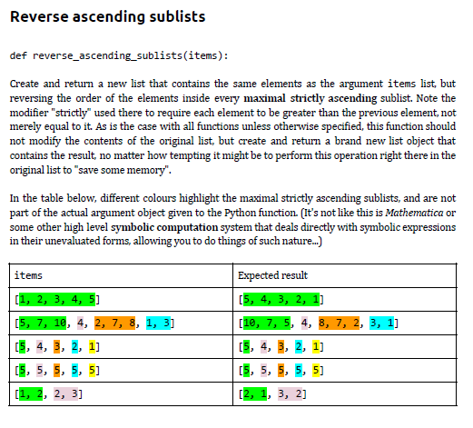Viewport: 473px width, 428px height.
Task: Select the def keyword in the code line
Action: click(17, 55)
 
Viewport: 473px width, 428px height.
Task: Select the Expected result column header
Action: click(273, 274)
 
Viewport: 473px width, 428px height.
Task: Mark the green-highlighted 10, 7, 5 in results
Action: click(264, 322)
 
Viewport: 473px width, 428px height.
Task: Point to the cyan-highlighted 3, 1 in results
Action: click(383, 322)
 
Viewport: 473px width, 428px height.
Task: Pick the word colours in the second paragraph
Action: click(152, 196)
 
